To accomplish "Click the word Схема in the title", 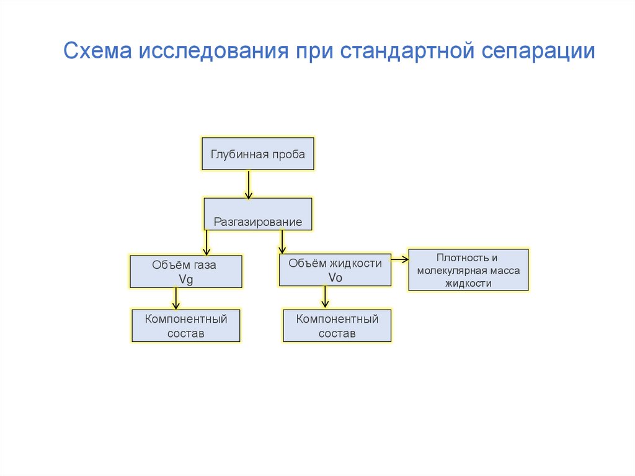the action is [x=97, y=51].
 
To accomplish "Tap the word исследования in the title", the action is [x=213, y=52].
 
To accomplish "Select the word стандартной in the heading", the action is [x=407, y=52].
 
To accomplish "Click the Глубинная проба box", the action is [x=258, y=154].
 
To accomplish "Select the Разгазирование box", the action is [x=258, y=214].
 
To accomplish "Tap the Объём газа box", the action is [x=186, y=271].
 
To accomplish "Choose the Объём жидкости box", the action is [x=335, y=270].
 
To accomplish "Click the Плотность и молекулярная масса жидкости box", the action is [x=469, y=270].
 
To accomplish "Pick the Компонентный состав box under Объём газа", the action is [x=186, y=326].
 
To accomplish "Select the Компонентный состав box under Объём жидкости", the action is [x=337, y=326].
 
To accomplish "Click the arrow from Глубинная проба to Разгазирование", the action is [x=249, y=184].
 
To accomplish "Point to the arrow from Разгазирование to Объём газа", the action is [x=206, y=243].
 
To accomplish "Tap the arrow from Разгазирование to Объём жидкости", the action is [x=282, y=242].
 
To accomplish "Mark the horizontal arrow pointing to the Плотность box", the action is [x=400, y=259].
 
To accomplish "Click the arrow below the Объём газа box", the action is [x=175, y=299].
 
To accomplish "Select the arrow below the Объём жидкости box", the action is [x=325, y=297].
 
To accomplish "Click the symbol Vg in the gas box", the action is [x=186, y=279].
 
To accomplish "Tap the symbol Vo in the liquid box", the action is [x=335, y=278].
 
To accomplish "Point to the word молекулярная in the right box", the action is [x=449, y=271].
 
